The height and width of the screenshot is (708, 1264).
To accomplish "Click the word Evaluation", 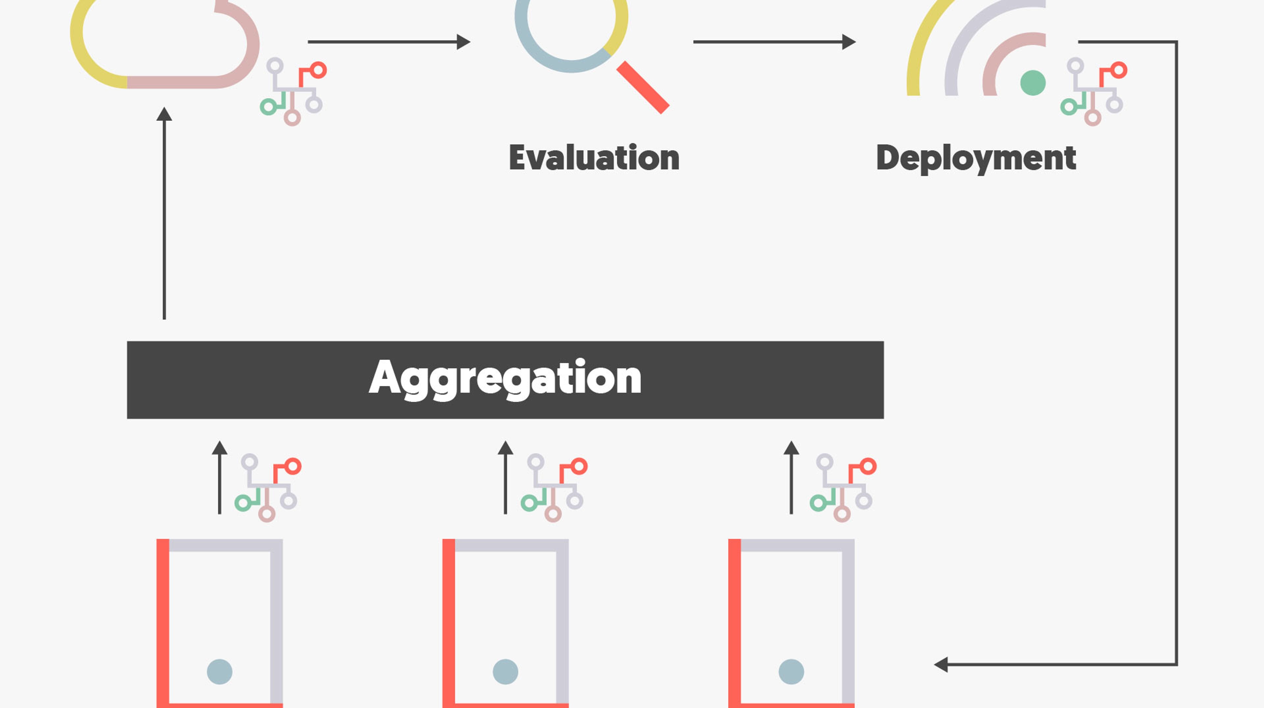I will pos(594,158).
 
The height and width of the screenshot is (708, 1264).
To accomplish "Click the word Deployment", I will pos(975,158).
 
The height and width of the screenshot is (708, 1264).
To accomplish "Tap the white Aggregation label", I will pos(505,378).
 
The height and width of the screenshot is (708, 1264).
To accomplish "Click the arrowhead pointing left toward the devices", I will pos(941,664).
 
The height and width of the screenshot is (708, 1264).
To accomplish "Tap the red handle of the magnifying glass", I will pos(643,87).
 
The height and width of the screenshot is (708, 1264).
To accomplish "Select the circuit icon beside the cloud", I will pos(293,92).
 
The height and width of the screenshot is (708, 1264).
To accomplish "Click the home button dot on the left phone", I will pos(219,671).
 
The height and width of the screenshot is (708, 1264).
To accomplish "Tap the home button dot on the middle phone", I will pos(505,671).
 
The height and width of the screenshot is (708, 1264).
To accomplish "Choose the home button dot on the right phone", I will pos(791,671).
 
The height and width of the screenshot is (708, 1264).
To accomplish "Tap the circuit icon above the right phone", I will pos(843,488).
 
